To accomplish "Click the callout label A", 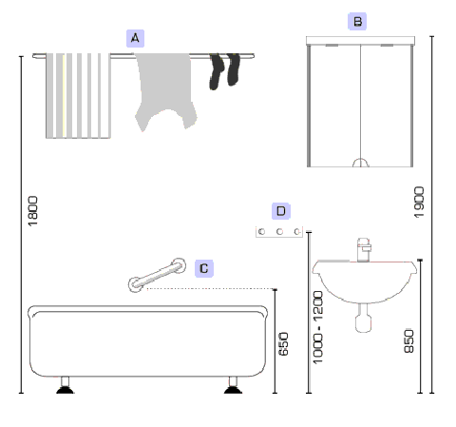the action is (135, 38).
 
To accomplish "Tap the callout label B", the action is (357, 22).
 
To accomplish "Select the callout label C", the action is (204, 268).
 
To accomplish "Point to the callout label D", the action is (281, 211).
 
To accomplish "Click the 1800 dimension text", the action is (32, 211).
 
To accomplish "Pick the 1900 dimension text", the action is (419, 203).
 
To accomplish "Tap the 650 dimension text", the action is (283, 344).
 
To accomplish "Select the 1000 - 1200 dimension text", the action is (317, 327).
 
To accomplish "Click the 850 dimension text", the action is (408, 341).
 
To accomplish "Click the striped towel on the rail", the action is (78, 96).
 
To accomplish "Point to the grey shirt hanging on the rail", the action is (164, 90).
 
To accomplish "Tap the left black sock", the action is (217, 71).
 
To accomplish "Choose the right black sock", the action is (234, 69).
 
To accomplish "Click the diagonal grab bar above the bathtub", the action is (157, 275).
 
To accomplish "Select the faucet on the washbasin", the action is (364, 250).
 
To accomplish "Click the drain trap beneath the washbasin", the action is (363, 318).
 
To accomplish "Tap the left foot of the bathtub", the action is (65, 385).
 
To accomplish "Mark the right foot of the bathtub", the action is (233, 385).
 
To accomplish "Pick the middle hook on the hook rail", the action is (279, 232).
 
